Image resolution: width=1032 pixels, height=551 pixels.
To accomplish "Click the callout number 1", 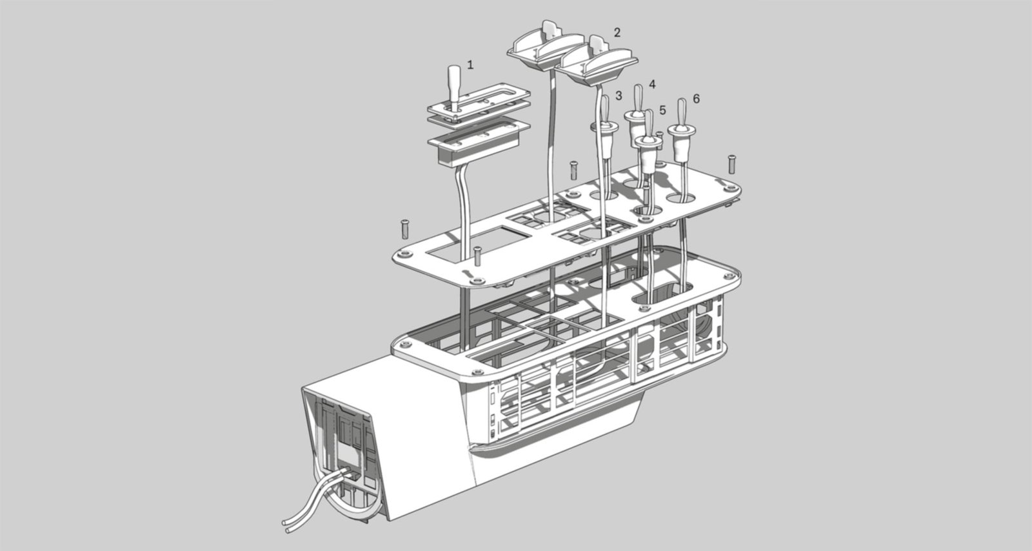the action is click(470, 65).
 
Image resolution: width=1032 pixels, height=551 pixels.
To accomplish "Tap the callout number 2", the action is click(617, 32).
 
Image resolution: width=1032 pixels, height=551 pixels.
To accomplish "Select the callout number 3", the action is click(619, 95).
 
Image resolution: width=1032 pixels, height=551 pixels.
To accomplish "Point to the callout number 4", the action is click(652, 85).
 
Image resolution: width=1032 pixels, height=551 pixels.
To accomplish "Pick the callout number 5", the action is click(662, 110).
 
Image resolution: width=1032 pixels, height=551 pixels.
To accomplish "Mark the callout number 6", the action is click(696, 99).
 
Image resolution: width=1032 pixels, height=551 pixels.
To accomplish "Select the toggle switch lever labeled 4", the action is click(639, 99).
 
